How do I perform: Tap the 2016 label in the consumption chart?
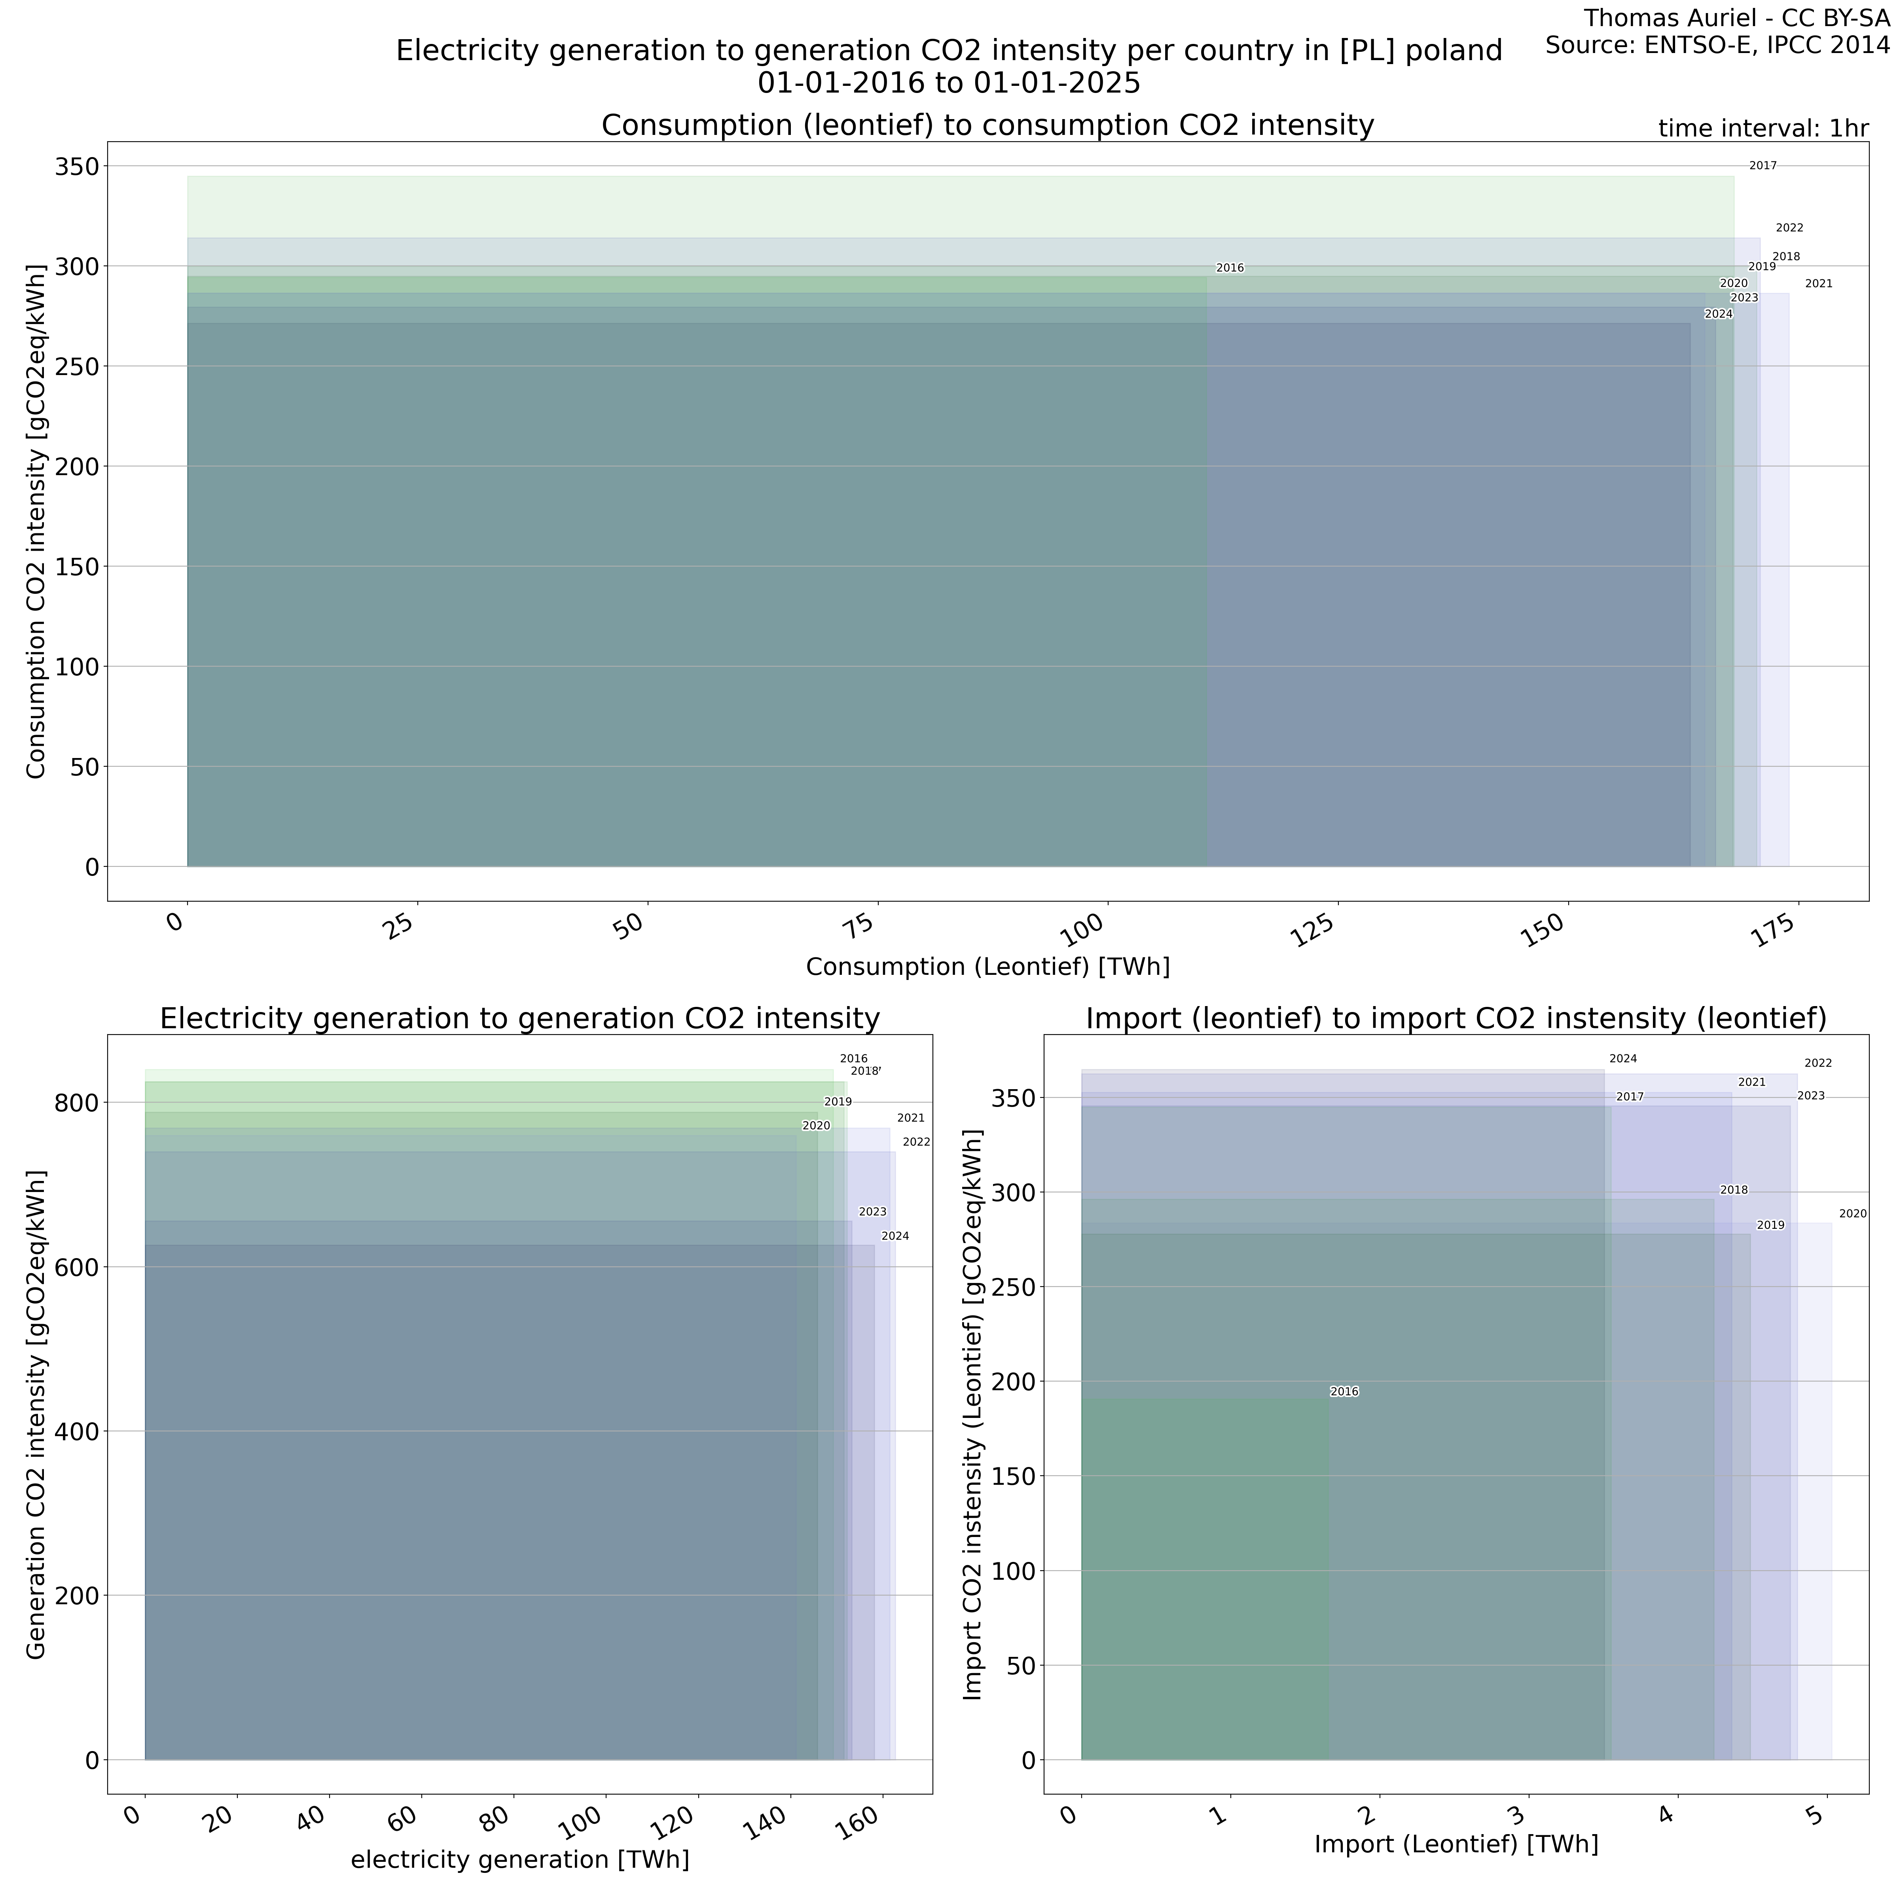click(x=1230, y=268)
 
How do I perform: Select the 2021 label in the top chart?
click(x=1818, y=284)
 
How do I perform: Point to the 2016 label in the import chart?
click(x=1344, y=1392)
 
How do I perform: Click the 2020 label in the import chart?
click(x=1853, y=1214)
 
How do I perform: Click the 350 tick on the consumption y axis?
click(x=77, y=167)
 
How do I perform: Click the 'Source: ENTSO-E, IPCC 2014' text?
click(x=1717, y=45)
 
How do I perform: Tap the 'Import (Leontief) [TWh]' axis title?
click(x=1456, y=1844)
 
